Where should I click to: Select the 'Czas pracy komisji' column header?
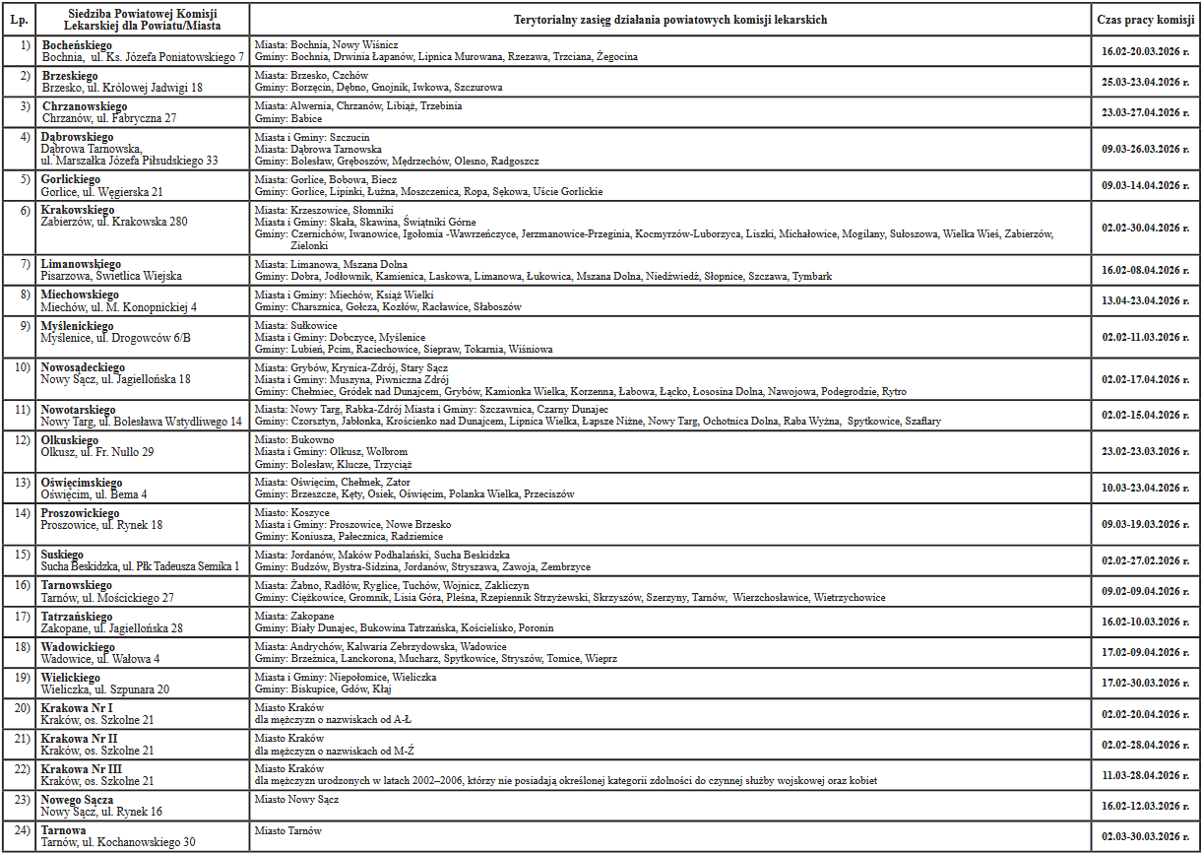tap(1146, 20)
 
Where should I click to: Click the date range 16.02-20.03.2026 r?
tap(1146, 51)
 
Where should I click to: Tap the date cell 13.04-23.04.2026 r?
tap(1146, 300)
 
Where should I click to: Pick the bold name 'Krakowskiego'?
tap(78, 210)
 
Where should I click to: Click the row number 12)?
tap(22, 440)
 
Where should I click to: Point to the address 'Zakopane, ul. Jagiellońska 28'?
tap(112, 628)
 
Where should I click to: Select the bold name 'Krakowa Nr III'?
tap(81, 768)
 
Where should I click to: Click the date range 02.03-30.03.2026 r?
tap(1146, 836)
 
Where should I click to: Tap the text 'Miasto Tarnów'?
tap(287, 830)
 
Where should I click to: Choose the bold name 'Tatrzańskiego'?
tap(77, 617)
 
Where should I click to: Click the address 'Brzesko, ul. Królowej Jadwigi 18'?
tap(122, 88)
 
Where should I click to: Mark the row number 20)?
tap(22, 708)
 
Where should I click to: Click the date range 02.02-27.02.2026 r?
tap(1146, 560)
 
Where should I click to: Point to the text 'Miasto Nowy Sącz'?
tap(296, 799)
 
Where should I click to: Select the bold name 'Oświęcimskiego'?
tap(82, 483)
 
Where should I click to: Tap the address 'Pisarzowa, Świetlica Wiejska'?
tap(111, 277)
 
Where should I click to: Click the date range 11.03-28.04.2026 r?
tap(1146, 775)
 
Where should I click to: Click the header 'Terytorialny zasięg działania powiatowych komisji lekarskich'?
tap(670, 20)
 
